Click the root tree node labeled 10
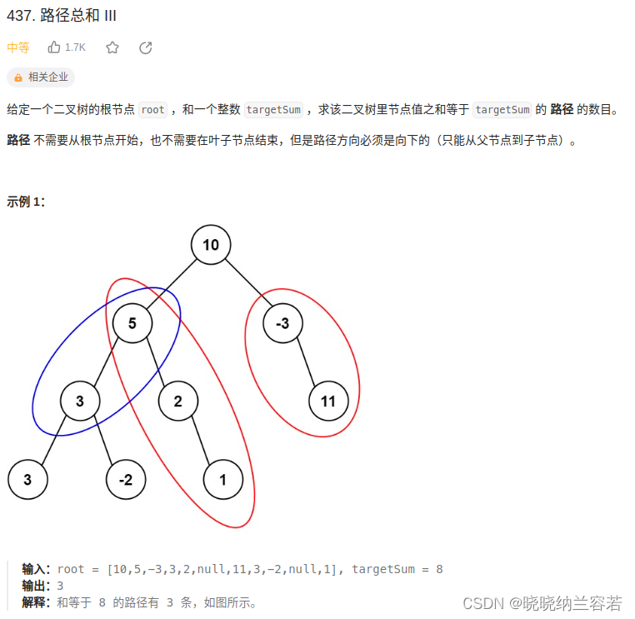click(x=210, y=245)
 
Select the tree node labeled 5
click(x=132, y=323)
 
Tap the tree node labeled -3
click(x=282, y=323)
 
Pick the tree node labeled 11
click(x=328, y=402)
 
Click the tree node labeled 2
click(x=178, y=402)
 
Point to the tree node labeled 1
click(x=222, y=479)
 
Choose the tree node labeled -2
click(x=126, y=479)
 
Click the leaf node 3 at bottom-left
click(x=27, y=479)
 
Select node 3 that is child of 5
click(x=80, y=402)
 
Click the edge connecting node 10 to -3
click(x=246, y=284)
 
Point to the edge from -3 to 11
click(x=305, y=362)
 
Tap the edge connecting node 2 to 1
click(x=200, y=440)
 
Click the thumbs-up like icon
click(x=54, y=47)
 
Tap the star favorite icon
click(x=112, y=47)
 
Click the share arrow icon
click(x=146, y=47)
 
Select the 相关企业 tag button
click(x=41, y=77)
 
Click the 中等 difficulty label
click(x=18, y=48)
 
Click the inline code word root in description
click(x=152, y=109)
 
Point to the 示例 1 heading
click(x=26, y=201)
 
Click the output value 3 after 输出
click(x=60, y=586)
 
